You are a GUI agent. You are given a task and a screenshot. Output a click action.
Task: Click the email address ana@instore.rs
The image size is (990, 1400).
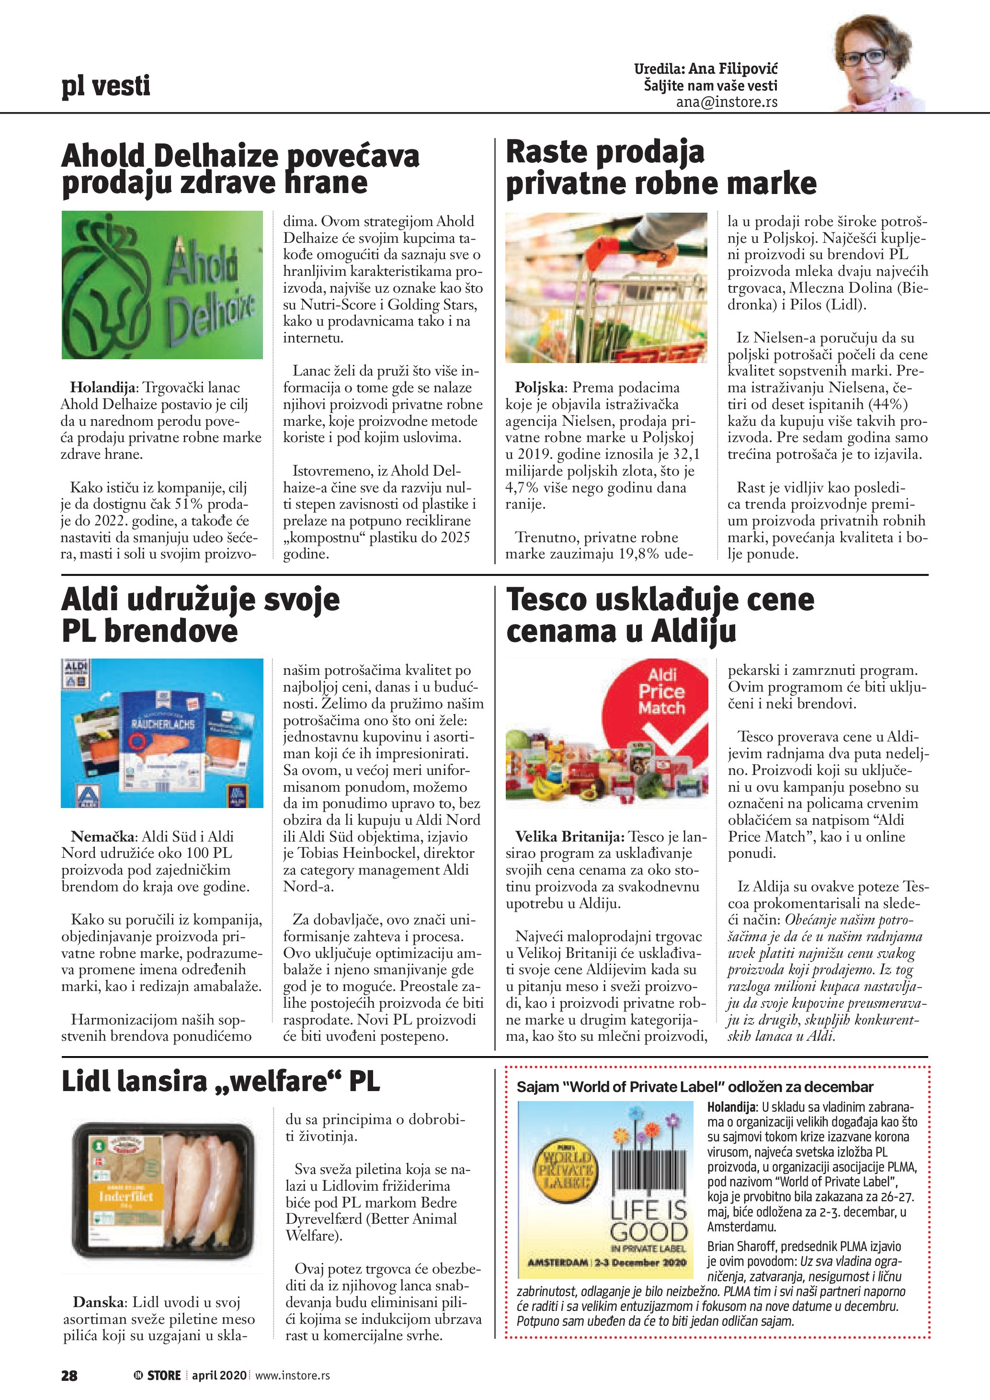[726, 102]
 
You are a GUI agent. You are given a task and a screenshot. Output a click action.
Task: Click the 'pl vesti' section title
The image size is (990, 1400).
[105, 85]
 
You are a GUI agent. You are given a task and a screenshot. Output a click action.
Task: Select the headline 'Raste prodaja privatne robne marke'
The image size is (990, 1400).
[661, 168]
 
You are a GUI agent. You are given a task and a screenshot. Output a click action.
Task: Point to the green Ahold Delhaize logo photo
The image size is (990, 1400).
[162, 285]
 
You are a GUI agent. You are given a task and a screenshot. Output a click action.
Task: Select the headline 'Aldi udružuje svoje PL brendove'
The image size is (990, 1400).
[201, 615]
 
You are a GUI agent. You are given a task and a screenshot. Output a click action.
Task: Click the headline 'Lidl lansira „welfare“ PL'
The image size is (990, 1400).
[221, 1081]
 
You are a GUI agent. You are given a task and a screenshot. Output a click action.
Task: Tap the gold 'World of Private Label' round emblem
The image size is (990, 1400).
[566, 1171]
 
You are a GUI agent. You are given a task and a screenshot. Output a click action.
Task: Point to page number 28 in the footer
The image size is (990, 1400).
[69, 1375]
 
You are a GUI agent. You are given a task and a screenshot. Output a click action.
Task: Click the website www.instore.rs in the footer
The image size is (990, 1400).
[292, 1375]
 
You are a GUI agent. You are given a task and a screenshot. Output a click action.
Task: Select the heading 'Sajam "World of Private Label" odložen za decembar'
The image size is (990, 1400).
[694, 1087]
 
